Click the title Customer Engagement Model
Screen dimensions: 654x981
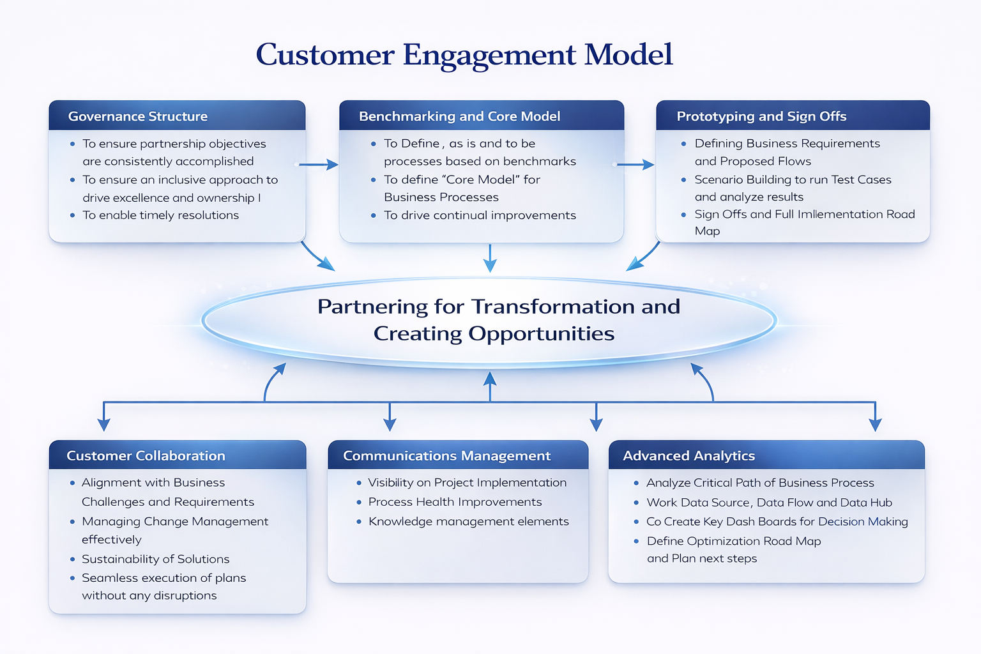coord(464,55)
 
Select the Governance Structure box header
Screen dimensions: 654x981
coord(138,116)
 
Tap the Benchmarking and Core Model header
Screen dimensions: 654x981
coord(459,116)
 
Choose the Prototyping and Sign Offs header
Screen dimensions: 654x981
coord(761,116)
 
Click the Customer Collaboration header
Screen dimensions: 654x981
coord(146,455)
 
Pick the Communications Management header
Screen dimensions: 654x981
coord(446,455)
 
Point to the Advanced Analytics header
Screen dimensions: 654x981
coord(688,455)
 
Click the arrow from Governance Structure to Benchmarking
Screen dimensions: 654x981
coord(318,165)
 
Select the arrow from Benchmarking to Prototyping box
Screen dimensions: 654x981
coord(635,165)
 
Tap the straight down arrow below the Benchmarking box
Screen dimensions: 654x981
coord(490,259)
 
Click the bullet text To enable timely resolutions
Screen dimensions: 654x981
coord(160,215)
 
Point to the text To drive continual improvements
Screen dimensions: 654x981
coord(480,215)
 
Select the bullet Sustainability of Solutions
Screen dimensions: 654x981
coord(155,559)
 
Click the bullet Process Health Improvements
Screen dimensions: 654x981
coord(455,502)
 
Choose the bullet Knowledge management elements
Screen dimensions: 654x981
coord(468,521)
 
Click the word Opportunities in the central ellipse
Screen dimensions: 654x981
coord(541,333)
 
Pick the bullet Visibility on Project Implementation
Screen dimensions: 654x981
coord(467,483)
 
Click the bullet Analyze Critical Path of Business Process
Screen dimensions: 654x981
coord(760,483)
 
